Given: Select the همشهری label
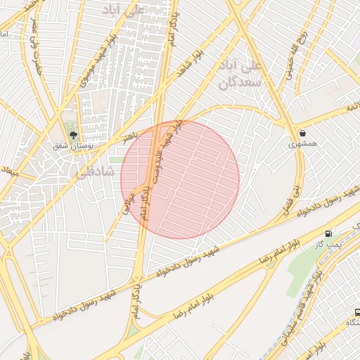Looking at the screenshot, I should tap(303, 144).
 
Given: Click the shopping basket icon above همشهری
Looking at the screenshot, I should tap(302, 132).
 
